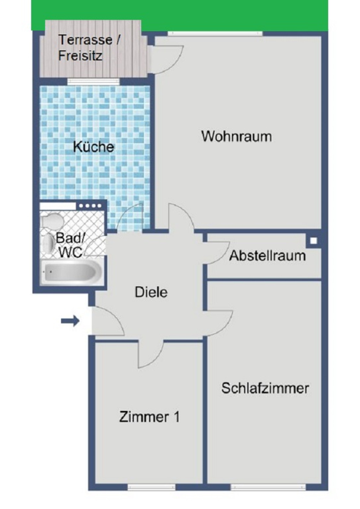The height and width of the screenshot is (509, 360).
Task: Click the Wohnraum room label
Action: pyautogui.click(x=236, y=137)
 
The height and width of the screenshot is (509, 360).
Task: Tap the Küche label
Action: pyautogui.click(x=93, y=147)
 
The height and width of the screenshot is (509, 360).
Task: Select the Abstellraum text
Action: pyautogui.click(x=267, y=256)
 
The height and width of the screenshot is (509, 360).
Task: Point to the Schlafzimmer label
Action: pyautogui.click(x=265, y=388)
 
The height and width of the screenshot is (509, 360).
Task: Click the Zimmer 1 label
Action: pyautogui.click(x=149, y=417)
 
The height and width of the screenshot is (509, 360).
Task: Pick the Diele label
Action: pyautogui.click(x=151, y=292)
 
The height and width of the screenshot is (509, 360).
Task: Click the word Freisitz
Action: pyautogui.click(x=80, y=56)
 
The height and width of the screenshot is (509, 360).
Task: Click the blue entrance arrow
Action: pyautogui.click(x=70, y=320)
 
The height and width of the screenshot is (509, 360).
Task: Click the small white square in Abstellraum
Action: pyautogui.click(x=314, y=240)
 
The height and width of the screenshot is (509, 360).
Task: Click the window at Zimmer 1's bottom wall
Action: pyautogui.click(x=151, y=487)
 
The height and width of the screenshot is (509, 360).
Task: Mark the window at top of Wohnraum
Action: pyautogui.click(x=215, y=33)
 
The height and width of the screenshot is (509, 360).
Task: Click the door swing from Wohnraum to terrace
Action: pyautogui.click(x=167, y=59)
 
